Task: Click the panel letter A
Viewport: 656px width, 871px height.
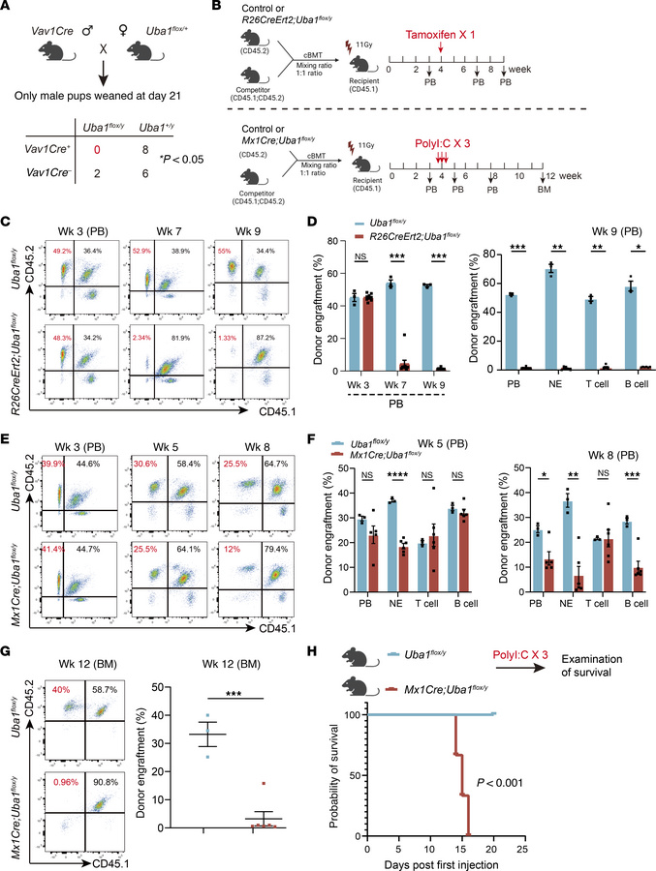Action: pos(9,9)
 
